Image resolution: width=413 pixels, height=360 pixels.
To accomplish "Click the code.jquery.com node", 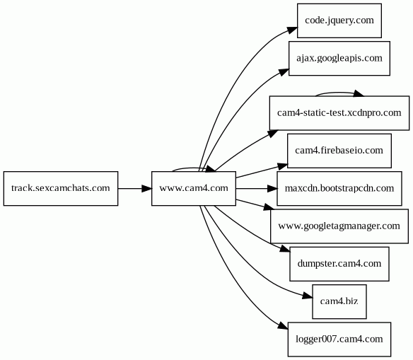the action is pos(339,21).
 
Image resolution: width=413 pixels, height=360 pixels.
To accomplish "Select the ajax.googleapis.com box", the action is pos(339,58).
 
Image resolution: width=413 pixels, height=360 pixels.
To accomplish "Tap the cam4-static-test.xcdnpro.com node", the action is pos(339,113).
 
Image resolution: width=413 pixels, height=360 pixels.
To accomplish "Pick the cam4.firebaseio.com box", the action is pos(339,151).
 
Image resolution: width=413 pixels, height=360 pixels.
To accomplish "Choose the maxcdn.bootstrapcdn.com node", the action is pos(339,188).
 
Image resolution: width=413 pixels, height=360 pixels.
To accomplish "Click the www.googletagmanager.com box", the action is pos(339,226).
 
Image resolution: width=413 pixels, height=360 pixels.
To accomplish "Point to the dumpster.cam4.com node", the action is pos(339,264).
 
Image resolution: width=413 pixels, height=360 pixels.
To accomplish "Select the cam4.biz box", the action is pos(339,301).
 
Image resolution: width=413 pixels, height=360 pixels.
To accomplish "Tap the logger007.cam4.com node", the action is pos(339,339).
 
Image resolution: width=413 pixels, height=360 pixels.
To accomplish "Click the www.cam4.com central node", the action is pos(194,188).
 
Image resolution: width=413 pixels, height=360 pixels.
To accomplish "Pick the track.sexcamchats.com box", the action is pos(61,188).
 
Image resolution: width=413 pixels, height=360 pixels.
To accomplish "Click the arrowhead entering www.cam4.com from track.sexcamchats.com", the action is pos(146,188).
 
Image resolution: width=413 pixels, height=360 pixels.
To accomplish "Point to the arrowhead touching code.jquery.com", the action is pos(292,30).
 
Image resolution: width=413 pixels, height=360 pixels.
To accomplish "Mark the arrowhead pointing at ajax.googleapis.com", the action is pos(284,72).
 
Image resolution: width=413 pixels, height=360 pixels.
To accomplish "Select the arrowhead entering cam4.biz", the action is pos(308,296).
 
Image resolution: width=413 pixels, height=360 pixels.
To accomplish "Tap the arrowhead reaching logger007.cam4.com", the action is pos(283,325).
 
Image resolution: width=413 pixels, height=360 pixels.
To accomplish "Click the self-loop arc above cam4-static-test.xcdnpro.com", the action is pos(339,93).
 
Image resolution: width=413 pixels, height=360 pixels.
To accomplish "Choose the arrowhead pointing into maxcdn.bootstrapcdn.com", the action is pos(272,188).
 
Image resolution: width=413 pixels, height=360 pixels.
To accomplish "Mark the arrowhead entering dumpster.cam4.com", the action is pos(285,249).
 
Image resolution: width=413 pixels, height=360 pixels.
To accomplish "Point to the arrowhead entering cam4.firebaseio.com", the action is pos(282,166).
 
